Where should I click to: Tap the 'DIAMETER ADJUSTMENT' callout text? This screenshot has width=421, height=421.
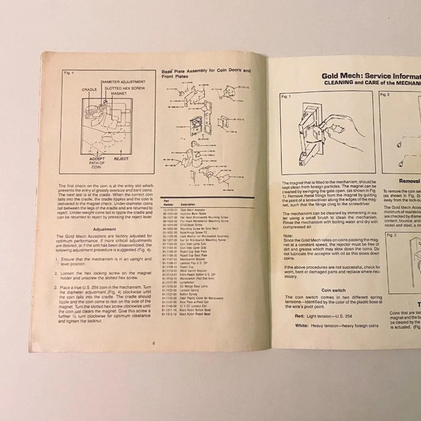123,82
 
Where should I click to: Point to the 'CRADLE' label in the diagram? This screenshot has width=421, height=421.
89,89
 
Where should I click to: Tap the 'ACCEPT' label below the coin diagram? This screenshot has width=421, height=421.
97,157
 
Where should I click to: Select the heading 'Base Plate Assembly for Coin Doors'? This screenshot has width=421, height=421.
204,70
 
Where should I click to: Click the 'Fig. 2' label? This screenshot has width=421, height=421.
385,94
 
